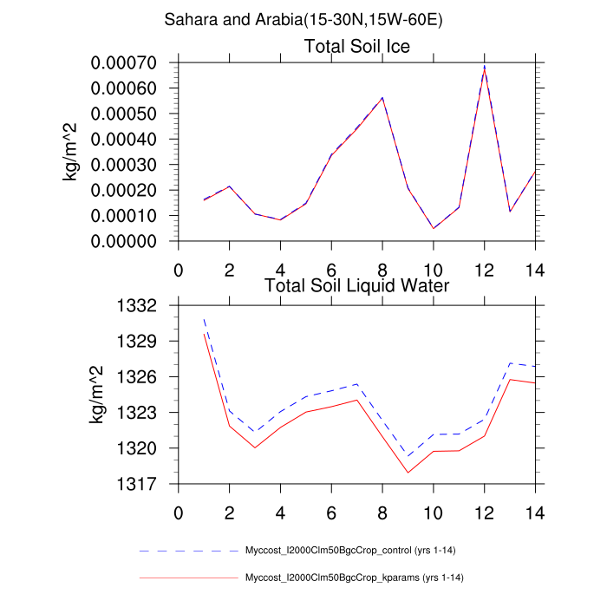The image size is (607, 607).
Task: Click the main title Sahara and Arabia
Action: tap(303, 20)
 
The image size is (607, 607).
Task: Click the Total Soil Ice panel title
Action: tap(356, 46)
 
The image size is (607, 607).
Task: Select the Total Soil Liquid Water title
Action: tap(356, 284)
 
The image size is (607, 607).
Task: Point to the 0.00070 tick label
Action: tap(131, 63)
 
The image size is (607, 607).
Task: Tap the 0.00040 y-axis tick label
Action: tap(131, 139)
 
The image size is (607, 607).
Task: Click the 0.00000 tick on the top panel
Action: tap(131, 241)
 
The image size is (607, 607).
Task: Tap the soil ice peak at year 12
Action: tap(484, 68)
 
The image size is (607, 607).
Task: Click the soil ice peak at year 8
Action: tap(382, 98)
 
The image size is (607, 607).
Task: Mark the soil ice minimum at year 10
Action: tap(434, 228)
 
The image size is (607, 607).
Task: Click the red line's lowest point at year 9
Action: tap(408, 473)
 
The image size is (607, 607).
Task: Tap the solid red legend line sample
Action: tap(188, 578)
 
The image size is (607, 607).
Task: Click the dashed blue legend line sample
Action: tap(188, 550)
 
